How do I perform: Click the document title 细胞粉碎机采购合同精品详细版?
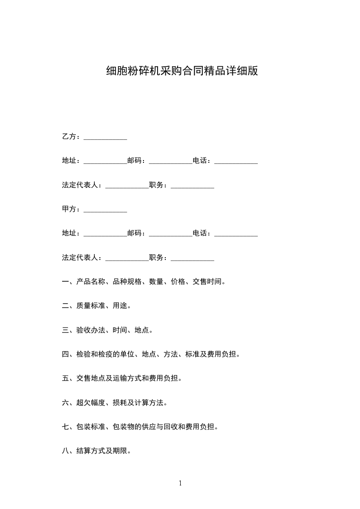click(182, 71)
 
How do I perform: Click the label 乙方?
click(69, 137)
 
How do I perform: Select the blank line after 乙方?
click(105, 138)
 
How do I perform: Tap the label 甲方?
click(69, 209)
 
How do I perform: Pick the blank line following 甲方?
click(105, 210)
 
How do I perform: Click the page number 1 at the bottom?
click(180, 483)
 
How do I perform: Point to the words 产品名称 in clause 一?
click(91, 282)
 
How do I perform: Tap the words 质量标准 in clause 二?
click(91, 306)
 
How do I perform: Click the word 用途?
click(120, 306)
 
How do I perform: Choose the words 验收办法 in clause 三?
click(91, 330)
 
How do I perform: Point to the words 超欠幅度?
click(91, 402)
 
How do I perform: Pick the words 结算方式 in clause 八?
click(91, 451)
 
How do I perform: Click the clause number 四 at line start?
click(65, 354)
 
